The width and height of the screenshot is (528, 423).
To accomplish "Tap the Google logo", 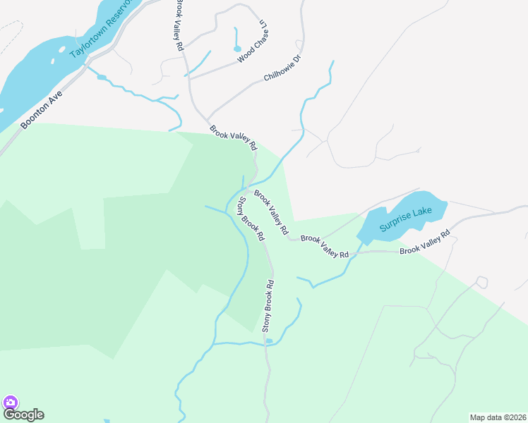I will click(x=23, y=415).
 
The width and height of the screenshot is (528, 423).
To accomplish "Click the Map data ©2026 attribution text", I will click(x=498, y=417).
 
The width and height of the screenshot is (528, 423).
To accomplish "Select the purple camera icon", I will click(x=10, y=403).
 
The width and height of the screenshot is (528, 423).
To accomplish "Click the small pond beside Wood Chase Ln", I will click(x=237, y=49).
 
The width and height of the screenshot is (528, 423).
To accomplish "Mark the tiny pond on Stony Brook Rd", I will click(x=269, y=341).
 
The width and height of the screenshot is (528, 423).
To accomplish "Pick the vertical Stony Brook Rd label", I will click(x=268, y=306).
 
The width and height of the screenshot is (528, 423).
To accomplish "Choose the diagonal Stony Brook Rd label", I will click(x=250, y=216).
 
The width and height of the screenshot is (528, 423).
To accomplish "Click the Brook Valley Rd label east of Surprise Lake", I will click(x=424, y=243).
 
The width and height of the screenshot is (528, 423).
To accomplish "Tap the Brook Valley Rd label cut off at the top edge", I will click(x=180, y=25).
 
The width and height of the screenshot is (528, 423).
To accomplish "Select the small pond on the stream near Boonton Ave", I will click(x=102, y=76).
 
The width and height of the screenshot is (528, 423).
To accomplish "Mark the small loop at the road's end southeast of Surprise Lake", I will click(x=481, y=282).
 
